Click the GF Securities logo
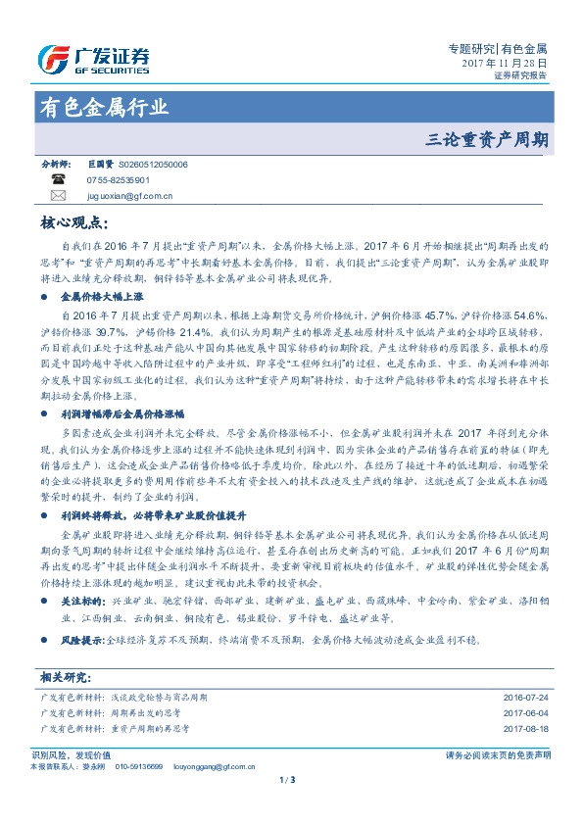93,58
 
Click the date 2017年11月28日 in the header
504,61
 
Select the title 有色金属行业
103,107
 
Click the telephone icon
59,181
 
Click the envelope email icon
59,196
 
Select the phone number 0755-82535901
118,181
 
